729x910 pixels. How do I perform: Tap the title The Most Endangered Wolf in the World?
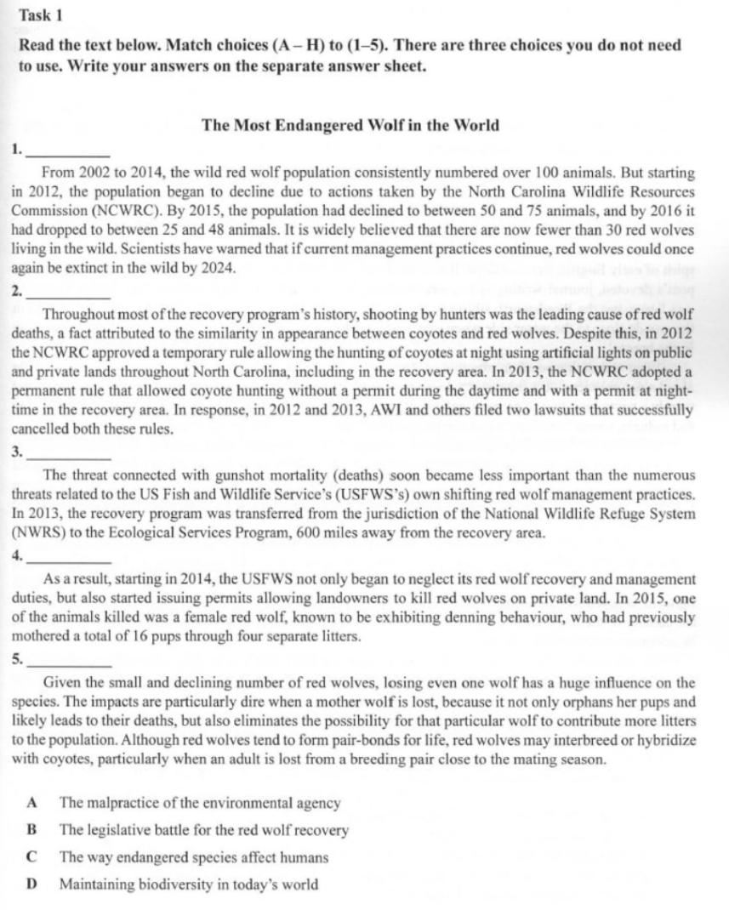[350, 125]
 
